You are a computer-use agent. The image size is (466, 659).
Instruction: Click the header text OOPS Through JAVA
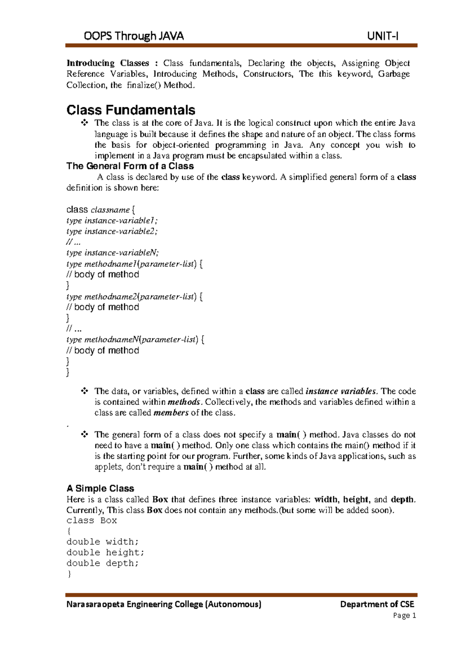134,36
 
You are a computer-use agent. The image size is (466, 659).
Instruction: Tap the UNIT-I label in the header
383,36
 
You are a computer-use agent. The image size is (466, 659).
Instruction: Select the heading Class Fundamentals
131,110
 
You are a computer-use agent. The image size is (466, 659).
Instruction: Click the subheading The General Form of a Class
130,166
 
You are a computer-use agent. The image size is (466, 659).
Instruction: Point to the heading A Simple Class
100,488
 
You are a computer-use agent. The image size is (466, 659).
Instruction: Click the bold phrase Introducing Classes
108,63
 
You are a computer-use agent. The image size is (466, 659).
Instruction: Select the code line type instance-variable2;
112,231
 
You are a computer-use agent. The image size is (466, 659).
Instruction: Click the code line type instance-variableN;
113,253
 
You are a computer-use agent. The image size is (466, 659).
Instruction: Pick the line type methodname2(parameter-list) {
134,296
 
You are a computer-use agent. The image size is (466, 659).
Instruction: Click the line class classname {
101,210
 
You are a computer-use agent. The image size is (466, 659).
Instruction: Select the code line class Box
92,520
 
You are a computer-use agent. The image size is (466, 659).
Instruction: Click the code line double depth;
103,563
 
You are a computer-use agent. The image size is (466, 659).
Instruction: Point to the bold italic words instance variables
341,391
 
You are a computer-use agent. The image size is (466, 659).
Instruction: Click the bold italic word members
171,413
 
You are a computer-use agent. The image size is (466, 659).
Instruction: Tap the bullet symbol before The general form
84,434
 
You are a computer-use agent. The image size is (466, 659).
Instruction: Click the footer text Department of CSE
377,604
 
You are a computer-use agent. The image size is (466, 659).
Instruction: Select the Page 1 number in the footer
404,615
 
